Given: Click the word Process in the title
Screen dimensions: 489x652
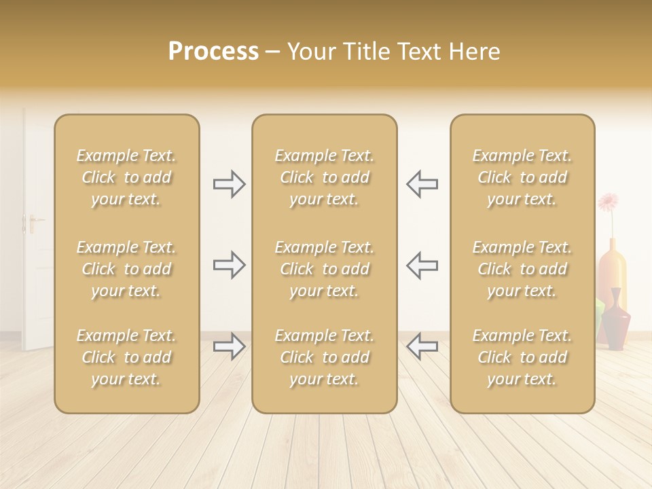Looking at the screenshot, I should pyautogui.click(x=213, y=52).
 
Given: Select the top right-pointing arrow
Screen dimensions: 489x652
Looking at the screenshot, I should pyautogui.click(x=229, y=184).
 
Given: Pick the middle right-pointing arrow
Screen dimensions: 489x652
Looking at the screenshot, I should pyautogui.click(x=229, y=265).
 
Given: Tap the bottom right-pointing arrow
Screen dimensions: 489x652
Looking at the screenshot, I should pyautogui.click(x=229, y=346).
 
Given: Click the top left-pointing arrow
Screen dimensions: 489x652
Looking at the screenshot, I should pyautogui.click(x=422, y=184).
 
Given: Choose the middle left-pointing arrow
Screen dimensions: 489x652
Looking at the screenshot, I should pyautogui.click(x=422, y=265).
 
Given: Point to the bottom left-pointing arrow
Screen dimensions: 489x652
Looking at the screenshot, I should pyautogui.click(x=422, y=346).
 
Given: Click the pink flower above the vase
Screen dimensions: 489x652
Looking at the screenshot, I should pyautogui.click(x=608, y=202).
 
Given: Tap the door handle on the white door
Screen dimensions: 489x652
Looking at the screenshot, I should pyautogui.click(x=32, y=221).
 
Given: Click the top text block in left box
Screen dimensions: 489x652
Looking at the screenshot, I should pyautogui.click(x=126, y=177).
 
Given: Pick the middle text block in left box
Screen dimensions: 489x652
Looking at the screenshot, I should pyautogui.click(x=126, y=269).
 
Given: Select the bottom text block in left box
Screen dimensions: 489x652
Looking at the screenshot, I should pyautogui.click(x=126, y=357).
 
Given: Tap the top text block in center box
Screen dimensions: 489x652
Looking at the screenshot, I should pyautogui.click(x=324, y=177).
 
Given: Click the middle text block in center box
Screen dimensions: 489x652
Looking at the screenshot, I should pyautogui.click(x=324, y=269).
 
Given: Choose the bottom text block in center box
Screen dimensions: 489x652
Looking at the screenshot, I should pyautogui.click(x=324, y=357).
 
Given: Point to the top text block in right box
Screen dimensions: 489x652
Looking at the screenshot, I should pyautogui.click(x=522, y=177).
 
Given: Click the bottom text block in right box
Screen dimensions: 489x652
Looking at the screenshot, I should pyautogui.click(x=522, y=357).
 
